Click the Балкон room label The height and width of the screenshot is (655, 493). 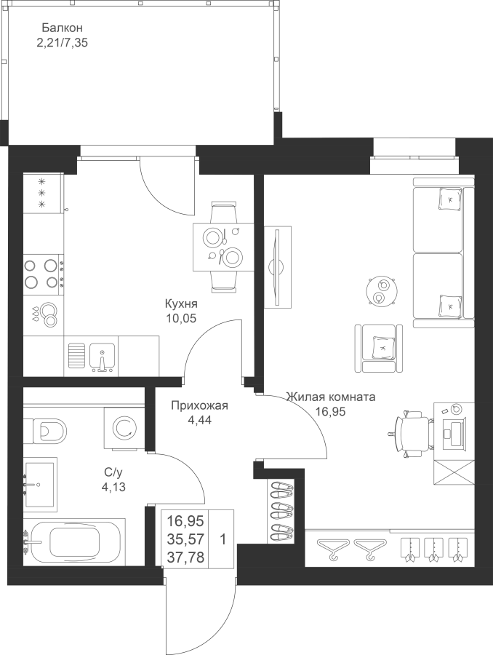[63, 28]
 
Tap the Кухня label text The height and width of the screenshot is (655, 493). [181, 303]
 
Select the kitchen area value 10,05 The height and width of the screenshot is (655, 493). [181, 319]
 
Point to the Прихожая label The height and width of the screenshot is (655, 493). [199, 405]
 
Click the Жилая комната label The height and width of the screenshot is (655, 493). [331, 397]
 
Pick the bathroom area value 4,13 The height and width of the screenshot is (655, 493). [113, 487]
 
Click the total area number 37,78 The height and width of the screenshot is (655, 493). [185, 557]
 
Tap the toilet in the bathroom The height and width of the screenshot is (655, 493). [45, 429]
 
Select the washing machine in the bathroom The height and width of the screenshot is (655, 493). [124, 429]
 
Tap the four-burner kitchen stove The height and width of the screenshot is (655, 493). [44, 274]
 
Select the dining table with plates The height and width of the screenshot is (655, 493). [223, 247]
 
